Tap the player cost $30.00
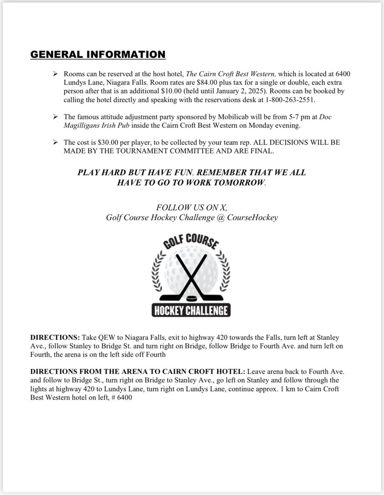[104, 142]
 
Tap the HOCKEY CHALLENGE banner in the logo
[192, 310]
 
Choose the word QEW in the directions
[105, 337]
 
